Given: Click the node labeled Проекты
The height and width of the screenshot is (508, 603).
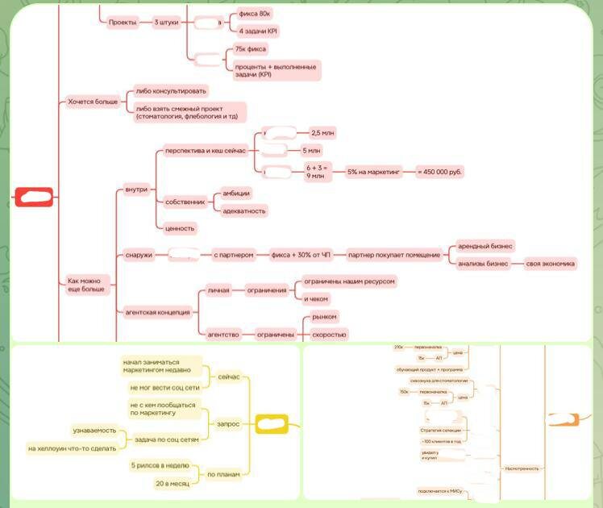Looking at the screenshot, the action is coord(122,23).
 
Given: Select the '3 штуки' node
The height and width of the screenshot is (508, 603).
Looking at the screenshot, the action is coord(167,23).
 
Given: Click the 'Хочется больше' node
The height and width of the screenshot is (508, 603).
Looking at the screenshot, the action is coord(93,102).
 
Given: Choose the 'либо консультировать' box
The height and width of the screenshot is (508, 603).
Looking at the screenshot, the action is coord(171,91).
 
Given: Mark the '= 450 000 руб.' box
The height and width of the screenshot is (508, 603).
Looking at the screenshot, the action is coord(440,172).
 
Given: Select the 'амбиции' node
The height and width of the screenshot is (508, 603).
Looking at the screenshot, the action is coord(236,193).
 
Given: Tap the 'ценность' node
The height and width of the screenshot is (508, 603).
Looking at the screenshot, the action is coord(180,228).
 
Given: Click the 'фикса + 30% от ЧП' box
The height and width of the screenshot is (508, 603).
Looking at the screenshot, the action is coord(299,255).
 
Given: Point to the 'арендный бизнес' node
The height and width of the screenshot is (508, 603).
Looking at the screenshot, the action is coord(485,246).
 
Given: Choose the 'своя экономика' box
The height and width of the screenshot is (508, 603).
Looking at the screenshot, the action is coord(551,264).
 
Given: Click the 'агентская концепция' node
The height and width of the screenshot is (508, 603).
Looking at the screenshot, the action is coord(157,311).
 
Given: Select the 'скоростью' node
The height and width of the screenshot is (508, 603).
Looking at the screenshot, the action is coord(329,334).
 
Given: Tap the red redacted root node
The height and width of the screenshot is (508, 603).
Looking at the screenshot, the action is coord(34,196).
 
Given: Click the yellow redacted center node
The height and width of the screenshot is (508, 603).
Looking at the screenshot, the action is coord(272,423).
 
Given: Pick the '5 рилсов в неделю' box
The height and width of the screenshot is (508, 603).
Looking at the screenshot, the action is coord(160,465).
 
